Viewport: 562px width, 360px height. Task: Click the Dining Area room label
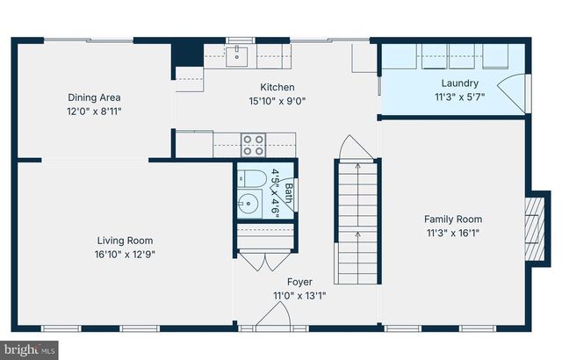point(94,97)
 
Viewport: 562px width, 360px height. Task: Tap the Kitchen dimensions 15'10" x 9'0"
point(277,100)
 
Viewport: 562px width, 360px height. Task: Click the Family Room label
point(452,220)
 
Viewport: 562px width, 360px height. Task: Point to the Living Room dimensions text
point(125,254)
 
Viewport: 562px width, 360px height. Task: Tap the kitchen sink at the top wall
point(236,57)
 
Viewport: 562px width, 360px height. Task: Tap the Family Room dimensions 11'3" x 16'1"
point(452,233)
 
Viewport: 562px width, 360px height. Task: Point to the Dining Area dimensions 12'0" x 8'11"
point(94,112)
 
